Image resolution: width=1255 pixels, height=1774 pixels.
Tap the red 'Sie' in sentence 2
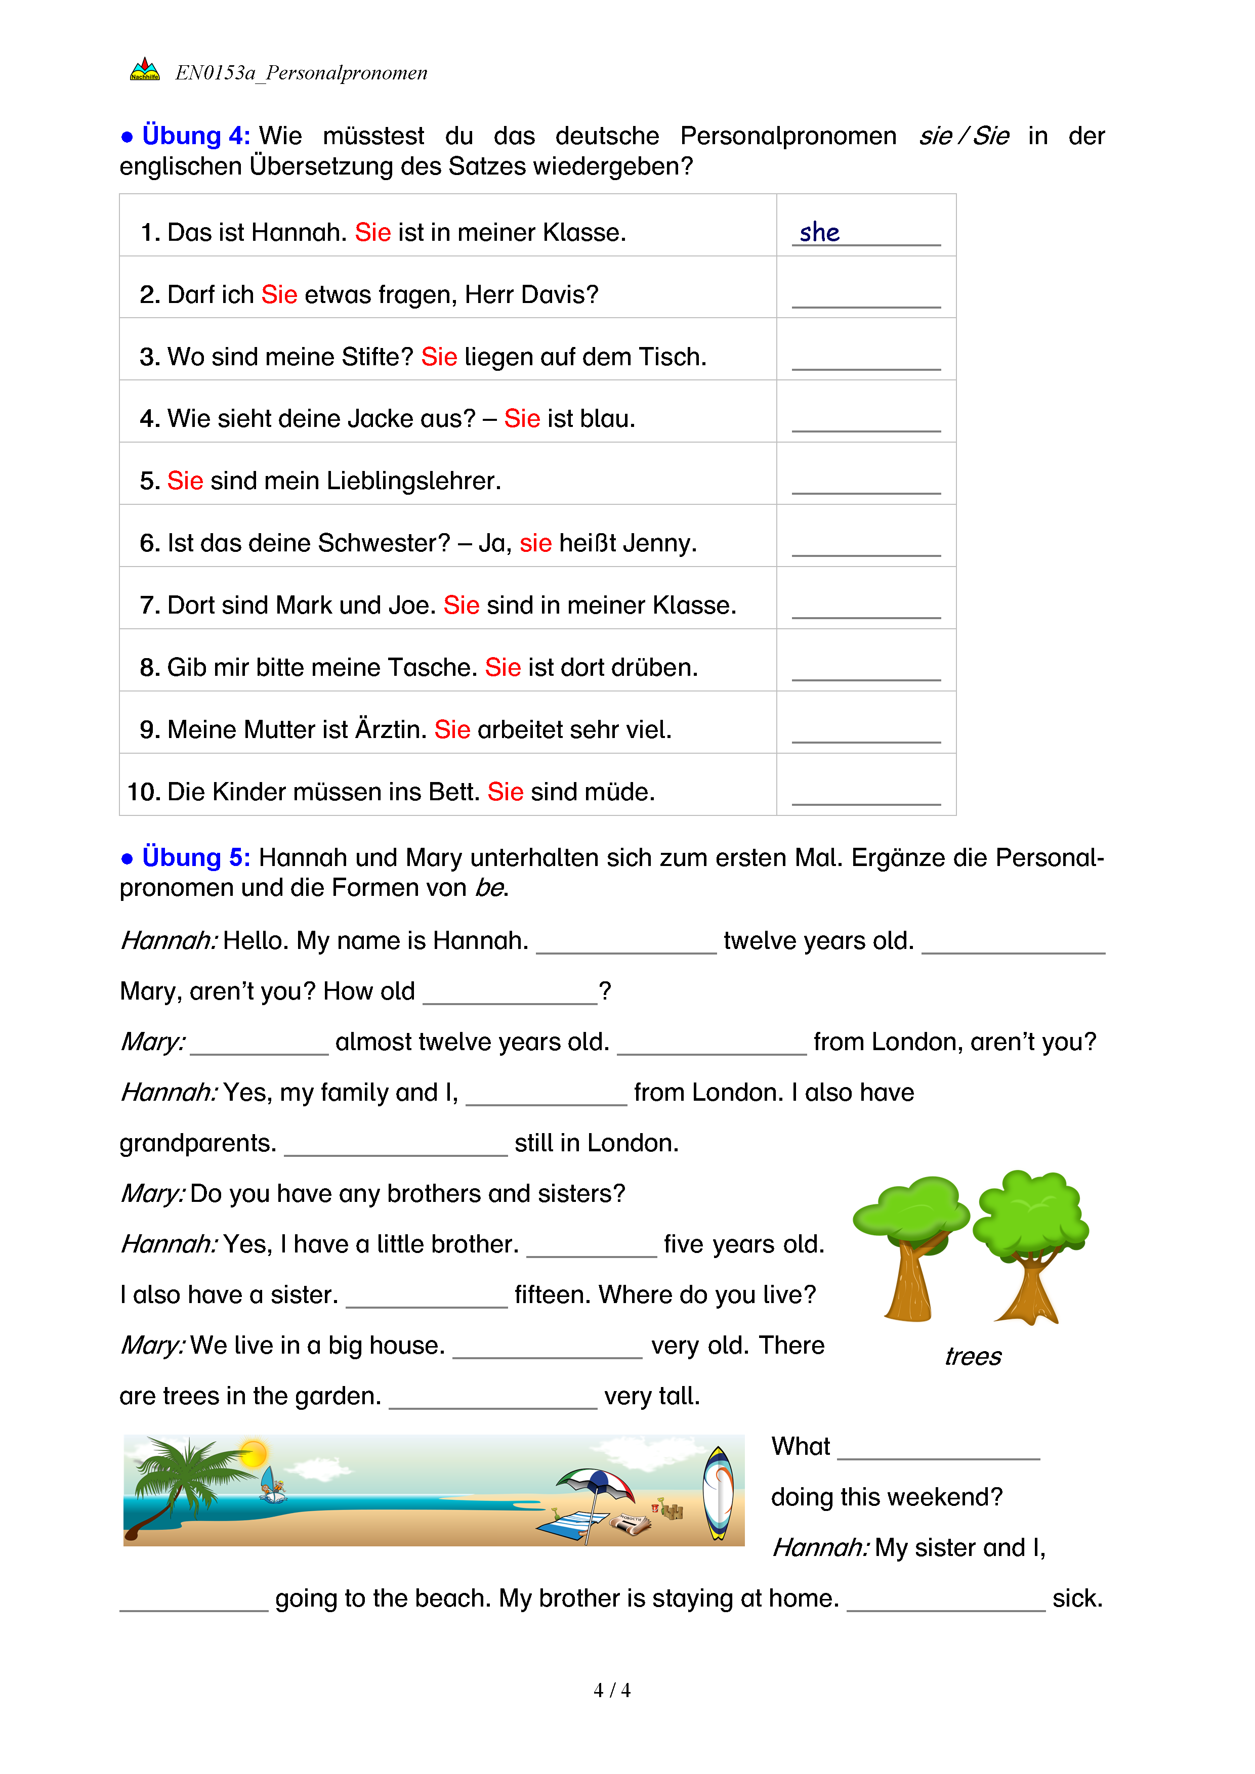(x=279, y=294)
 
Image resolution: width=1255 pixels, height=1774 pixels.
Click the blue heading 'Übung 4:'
(x=195, y=136)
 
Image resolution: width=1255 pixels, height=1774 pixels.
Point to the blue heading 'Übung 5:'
(x=195, y=857)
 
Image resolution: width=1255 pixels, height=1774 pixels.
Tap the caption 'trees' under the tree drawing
(x=973, y=1357)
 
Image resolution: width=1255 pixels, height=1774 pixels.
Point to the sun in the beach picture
(x=253, y=1453)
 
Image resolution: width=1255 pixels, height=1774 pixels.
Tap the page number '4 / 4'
(x=611, y=1691)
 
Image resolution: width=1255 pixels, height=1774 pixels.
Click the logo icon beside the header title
(x=145, y=70)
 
